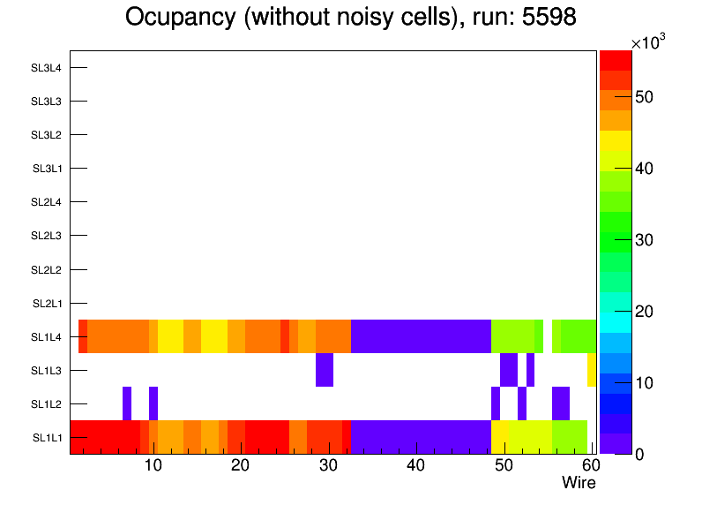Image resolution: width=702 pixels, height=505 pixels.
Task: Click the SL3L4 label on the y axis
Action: [x=46, y=68]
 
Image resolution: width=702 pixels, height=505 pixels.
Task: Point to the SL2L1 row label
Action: [x=47, y=304]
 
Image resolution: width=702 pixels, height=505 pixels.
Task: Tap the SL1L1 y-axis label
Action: [x=47, y=438]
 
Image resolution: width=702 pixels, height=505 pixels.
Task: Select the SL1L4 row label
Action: [x=47, y=337]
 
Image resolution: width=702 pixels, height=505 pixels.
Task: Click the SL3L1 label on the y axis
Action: [x=47, y=169]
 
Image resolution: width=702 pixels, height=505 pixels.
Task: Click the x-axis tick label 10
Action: [x=153, y=465]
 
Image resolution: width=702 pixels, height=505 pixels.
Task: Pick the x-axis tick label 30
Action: [x=328, y=465]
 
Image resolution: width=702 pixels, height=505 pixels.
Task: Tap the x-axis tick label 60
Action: [x=589, y=465]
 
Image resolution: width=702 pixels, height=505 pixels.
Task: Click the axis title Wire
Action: [x=579, y=483]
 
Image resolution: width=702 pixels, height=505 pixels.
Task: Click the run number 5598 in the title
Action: [x=549, y=18]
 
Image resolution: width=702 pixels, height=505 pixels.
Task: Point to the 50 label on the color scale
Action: [x=646, y=97]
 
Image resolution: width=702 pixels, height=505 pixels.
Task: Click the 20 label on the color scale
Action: [x=646, y=312]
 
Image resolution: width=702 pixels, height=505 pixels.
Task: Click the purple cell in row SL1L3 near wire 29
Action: [x=325, y=370]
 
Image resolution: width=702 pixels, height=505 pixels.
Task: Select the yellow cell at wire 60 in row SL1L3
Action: [x=592, y=370]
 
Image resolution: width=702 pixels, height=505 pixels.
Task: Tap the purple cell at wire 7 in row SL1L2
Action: [x=127, y=403]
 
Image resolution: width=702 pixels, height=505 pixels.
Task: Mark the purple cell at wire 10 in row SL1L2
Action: [x=153, y=403]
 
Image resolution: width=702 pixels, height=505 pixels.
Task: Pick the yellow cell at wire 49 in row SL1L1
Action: [x=500, y=437]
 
